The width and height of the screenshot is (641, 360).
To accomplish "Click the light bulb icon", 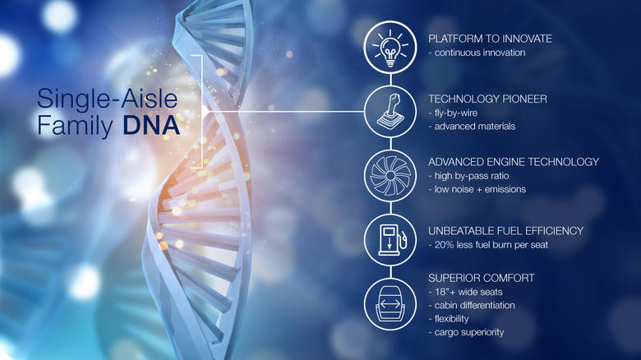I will click(390, 48).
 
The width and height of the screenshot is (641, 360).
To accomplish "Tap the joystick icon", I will click(390, 111).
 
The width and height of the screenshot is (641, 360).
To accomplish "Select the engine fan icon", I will click(390, 175).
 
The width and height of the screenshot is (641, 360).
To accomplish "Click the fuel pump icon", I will click(390, 239).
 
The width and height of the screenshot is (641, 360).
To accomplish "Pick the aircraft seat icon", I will click(390, 303).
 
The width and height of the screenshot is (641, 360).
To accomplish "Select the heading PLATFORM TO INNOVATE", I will click(490, 39).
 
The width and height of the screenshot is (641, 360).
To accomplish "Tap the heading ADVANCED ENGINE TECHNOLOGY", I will click(514, 162).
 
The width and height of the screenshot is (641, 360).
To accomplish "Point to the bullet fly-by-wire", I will click(457, 113).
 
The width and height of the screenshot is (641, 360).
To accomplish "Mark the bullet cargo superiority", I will click(467, 332).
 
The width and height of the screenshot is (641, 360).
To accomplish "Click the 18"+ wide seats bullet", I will click(465, 292).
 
